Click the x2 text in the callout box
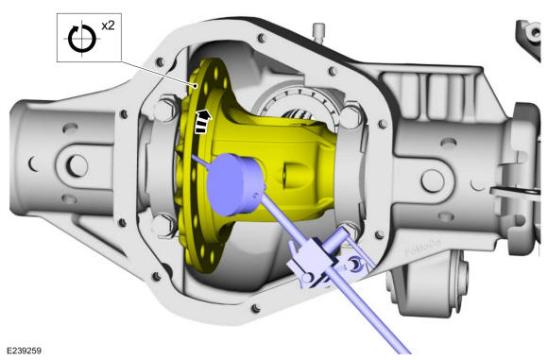click(x=108, y=26)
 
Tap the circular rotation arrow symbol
click(x=82, y=39)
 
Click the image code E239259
click(x=24, y=351)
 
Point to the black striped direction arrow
click(x=203, y=121)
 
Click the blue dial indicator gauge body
click(x=235, y=184)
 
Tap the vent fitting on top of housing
click(x=318, y=32)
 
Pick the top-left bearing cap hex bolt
click(x=164, y=110)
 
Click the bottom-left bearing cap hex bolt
click(x=163, y=226)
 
